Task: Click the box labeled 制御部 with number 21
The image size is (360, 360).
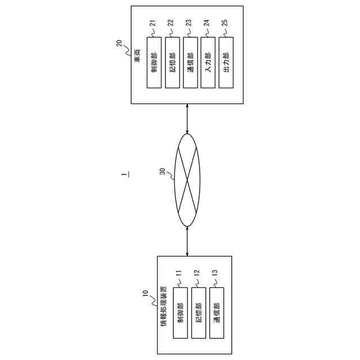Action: [154, 62]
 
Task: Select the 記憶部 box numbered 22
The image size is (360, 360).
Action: [172, 62]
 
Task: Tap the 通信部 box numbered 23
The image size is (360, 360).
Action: [190, 62]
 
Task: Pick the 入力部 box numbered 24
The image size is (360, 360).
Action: [208, 62]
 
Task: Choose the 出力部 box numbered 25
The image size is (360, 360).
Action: [226, 62]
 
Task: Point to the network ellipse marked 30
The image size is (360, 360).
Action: [187, 179]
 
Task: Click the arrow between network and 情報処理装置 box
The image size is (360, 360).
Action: [187, 240]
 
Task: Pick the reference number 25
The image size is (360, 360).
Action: [226, 23]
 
